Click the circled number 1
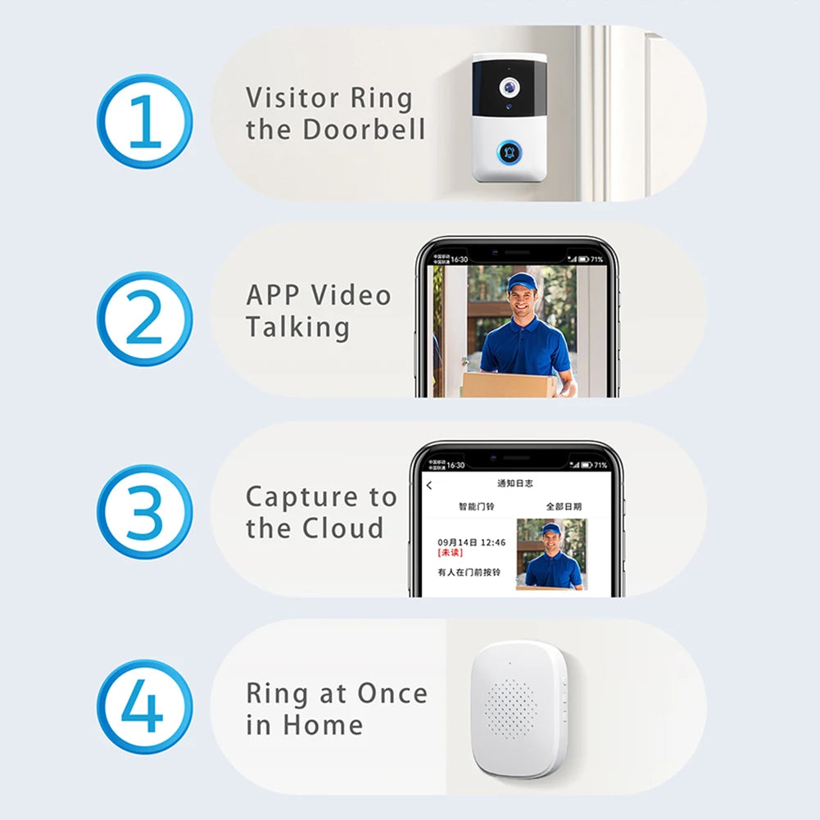145,121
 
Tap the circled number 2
145,319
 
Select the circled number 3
145,513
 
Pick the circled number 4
145,708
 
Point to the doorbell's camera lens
510,85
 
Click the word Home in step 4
323,725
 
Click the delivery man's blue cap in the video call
521,283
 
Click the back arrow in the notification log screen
429,486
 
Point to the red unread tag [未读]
450,553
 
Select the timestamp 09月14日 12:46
471,542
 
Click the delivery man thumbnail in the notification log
550,554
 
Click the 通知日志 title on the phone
515,484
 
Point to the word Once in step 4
392,694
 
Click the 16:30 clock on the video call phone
459,260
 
